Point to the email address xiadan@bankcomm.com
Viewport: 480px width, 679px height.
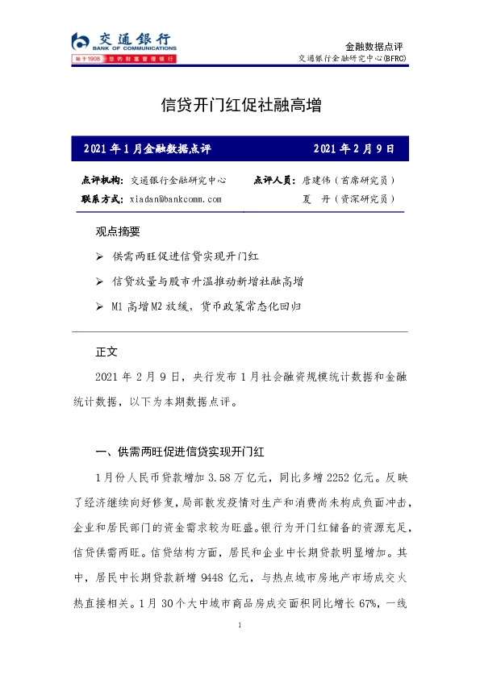click(x=176, y=198)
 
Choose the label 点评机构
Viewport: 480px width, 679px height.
click(x=102, y=180)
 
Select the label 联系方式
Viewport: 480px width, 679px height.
click(x=102, y=198)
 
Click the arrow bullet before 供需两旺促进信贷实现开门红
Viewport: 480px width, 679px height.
click(x=98, y=256)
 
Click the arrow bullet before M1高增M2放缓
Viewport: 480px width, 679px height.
click(x=98, y=307)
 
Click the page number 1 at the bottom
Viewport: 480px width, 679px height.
click(x=240, y=626)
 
